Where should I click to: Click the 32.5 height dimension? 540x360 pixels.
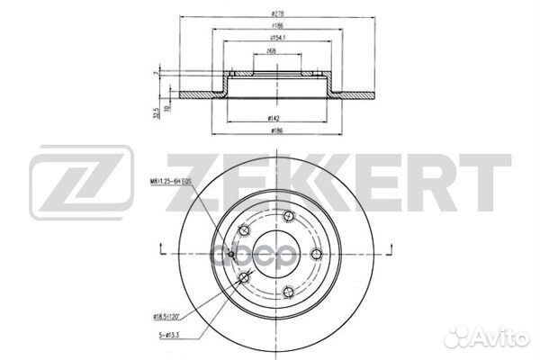[157, 113]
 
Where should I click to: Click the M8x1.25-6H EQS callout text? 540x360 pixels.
[173, 182]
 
